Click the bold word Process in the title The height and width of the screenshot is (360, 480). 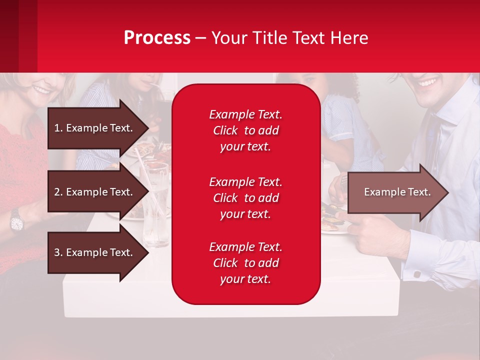(x=157, y=38)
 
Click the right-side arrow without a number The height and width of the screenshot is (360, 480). (x=397, y=192)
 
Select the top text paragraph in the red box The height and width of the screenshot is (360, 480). (x=245, y=130)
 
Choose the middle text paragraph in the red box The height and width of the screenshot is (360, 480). (x=245, y=198)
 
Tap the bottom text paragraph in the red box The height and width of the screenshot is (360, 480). (x=245, y=263)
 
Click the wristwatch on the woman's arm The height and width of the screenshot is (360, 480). (x=16, y=220)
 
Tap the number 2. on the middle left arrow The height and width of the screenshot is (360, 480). (x=58, y=192)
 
